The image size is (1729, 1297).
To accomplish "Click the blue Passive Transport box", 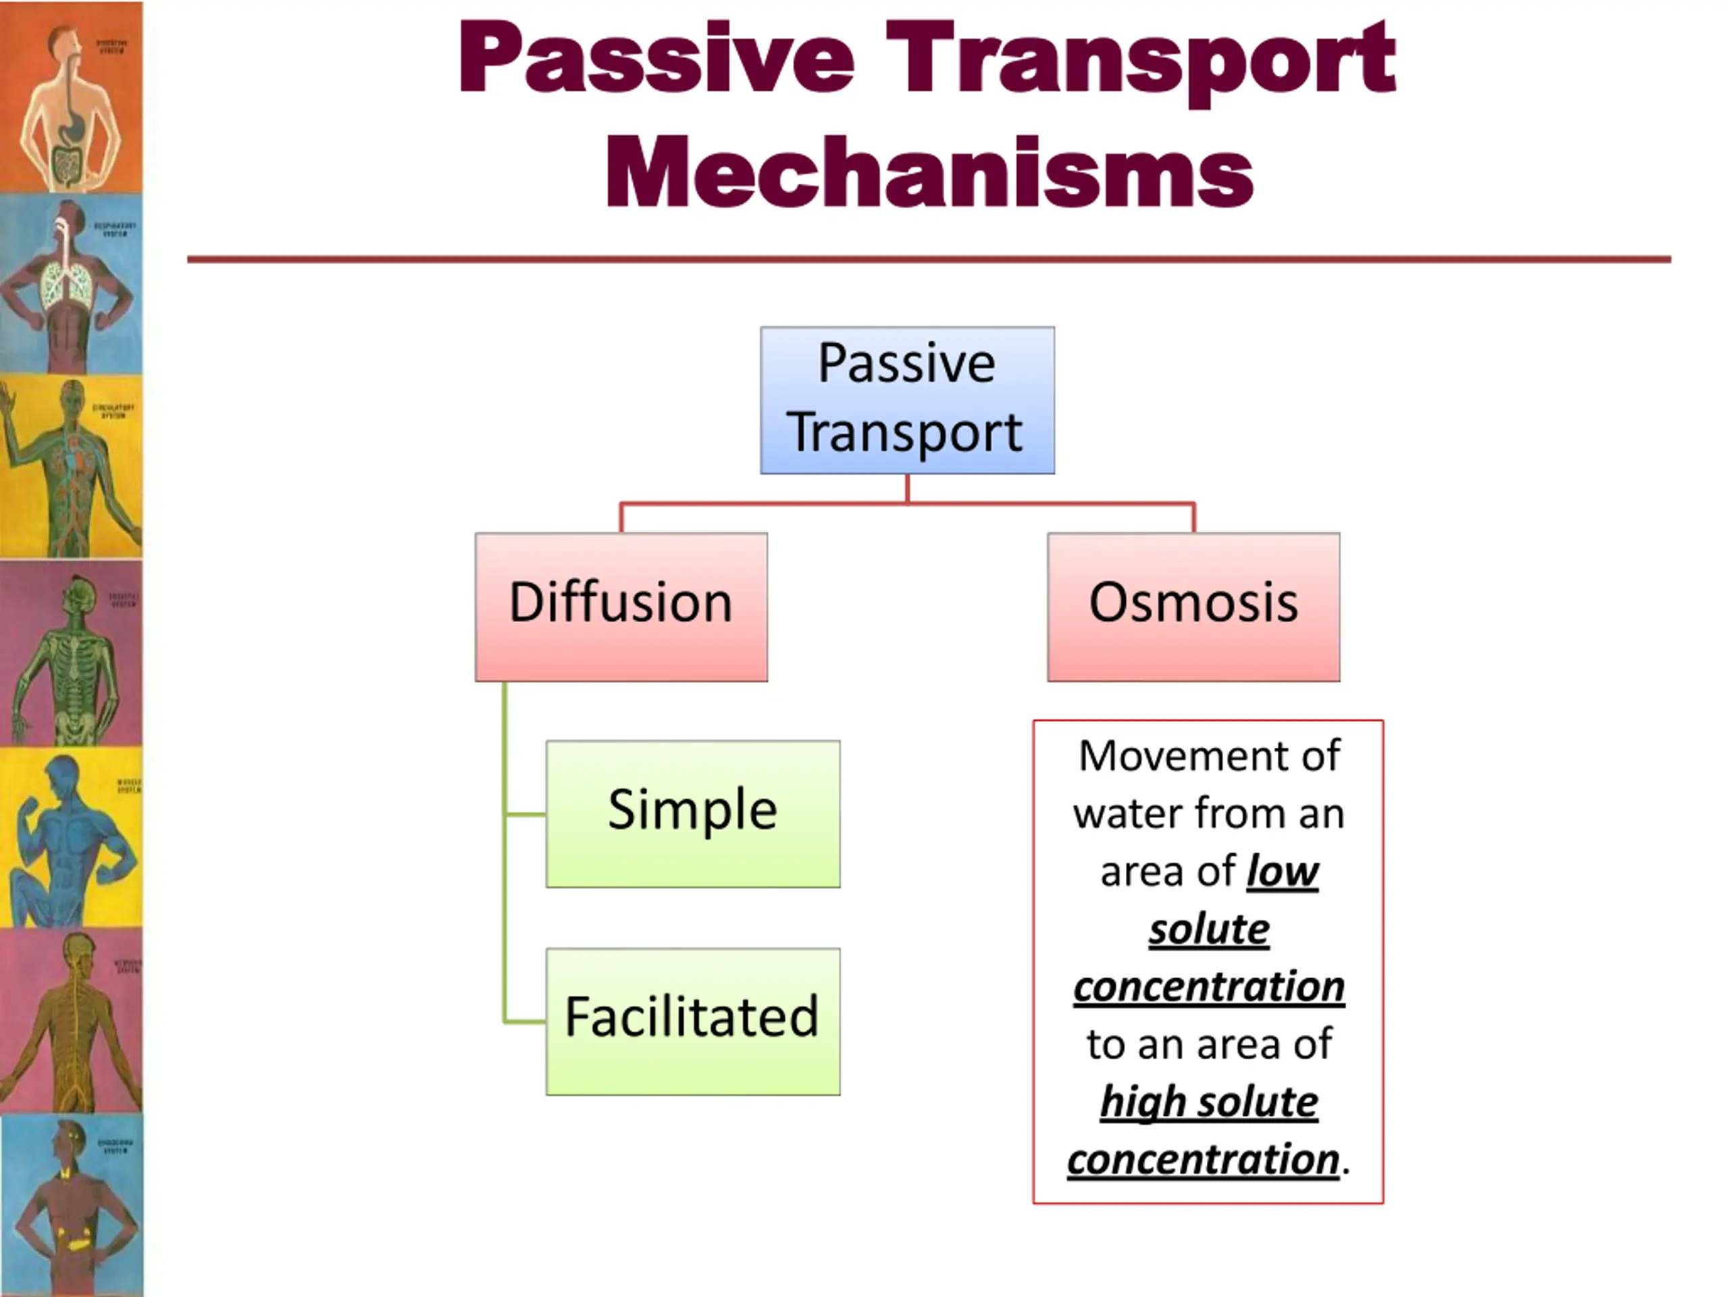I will point(906,401).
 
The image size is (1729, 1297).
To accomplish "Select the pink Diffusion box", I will point(621,607).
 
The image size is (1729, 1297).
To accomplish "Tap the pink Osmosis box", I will point(1193,607).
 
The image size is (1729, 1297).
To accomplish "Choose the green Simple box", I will point(692,813).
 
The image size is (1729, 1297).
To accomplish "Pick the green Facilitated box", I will point(692,1021).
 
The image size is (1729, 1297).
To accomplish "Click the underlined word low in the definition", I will point(1282,871).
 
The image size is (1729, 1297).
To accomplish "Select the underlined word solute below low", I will point(1208,929).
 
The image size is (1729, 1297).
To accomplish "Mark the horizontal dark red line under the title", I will point(929,259).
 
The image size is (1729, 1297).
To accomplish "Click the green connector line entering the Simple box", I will point(525,815).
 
